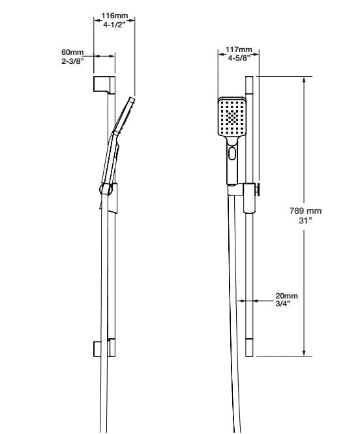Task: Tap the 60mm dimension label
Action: point(72,51)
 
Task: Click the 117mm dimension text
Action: point(238,50)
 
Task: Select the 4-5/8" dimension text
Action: point(238,59)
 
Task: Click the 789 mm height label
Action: point(306,210)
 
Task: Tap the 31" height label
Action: point(306,221)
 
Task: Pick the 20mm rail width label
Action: point(286,295)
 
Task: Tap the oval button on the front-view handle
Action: point(233,154)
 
